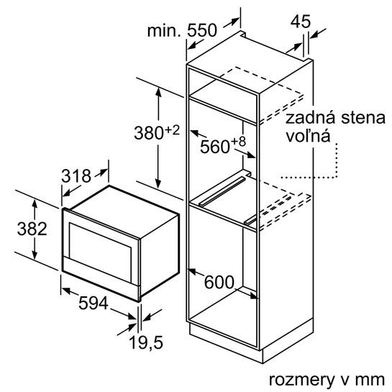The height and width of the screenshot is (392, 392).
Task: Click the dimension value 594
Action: (x=94, y=304)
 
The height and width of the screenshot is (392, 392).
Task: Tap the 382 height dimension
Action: (x=32, y=229)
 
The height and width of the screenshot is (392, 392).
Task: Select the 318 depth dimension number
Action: (x=76, y=176)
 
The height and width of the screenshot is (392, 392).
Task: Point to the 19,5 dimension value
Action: (x=146, y=342)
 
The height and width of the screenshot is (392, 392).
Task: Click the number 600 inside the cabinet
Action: (x=219, y=282)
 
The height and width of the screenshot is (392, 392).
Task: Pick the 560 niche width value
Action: (x=215, y=147)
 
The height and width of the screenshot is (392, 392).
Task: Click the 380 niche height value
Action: (x=149, y=133)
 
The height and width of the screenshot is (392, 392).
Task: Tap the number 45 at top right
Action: (x=301, y=22)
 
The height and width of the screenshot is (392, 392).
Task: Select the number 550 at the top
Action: (x=202, y=30)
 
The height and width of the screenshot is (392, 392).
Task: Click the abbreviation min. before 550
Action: (x=164, y=30)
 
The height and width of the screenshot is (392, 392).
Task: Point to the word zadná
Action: (x=310, y=118)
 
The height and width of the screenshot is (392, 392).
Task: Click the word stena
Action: (x=363, y=118)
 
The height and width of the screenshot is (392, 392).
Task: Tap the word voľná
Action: (x=308, y=136)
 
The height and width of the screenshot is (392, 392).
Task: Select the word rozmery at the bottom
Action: (x=301, y=380)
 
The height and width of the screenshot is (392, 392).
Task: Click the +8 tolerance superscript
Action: (x=239, y=142)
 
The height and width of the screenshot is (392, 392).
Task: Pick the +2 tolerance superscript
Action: (x=172, y=130)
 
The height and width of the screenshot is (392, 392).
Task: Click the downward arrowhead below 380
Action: (x=158, y=183)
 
